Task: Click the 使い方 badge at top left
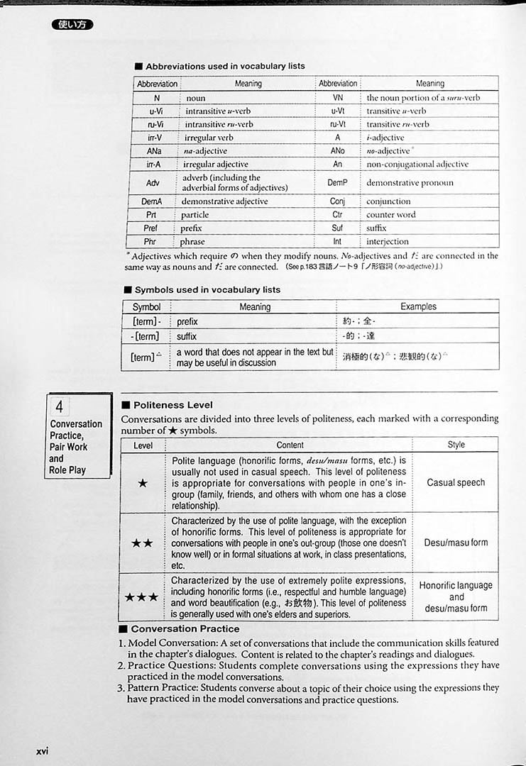[72, 25]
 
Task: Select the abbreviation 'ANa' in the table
[154, 151]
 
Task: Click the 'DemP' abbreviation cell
[338, 183]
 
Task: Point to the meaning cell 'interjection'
[388, 242]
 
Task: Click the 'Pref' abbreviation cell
[150, 228]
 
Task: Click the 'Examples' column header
[418, 307]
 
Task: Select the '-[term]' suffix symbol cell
[146, 336]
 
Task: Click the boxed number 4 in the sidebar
[60, 407]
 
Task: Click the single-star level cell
[143, 483]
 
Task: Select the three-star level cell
[142, 597]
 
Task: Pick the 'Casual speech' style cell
[456, 483]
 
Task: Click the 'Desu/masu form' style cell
[456, 543]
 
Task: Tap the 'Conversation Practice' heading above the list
[185, 629]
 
